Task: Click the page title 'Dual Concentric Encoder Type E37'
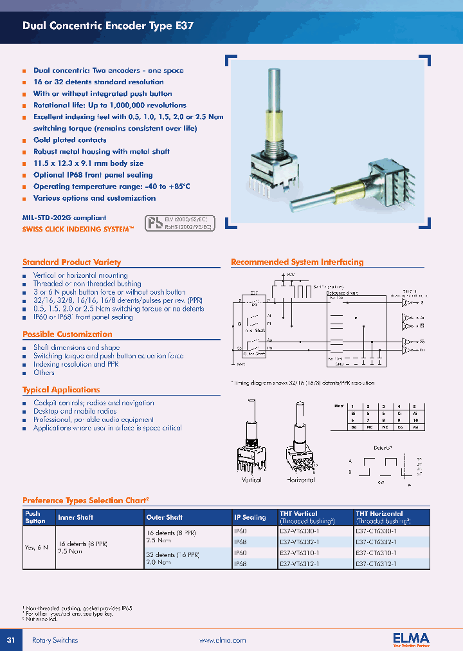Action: click(x=107, y=27)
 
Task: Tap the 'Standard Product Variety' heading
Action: click(x=71, y=262)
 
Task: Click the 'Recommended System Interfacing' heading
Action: click(x=297, y=262)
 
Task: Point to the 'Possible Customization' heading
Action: click(x=67, y=335)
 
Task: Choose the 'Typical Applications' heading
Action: click(x=61, y=390)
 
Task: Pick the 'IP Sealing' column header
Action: click(x=250, y=517)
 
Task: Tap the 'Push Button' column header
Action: click(x=33, y=517)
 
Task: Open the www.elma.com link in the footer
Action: click(x=222, y=641)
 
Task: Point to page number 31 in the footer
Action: click(x=11, y=640)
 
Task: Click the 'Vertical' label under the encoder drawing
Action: click(x=251, y=480)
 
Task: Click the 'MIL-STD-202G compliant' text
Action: click(x=64, y=218)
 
